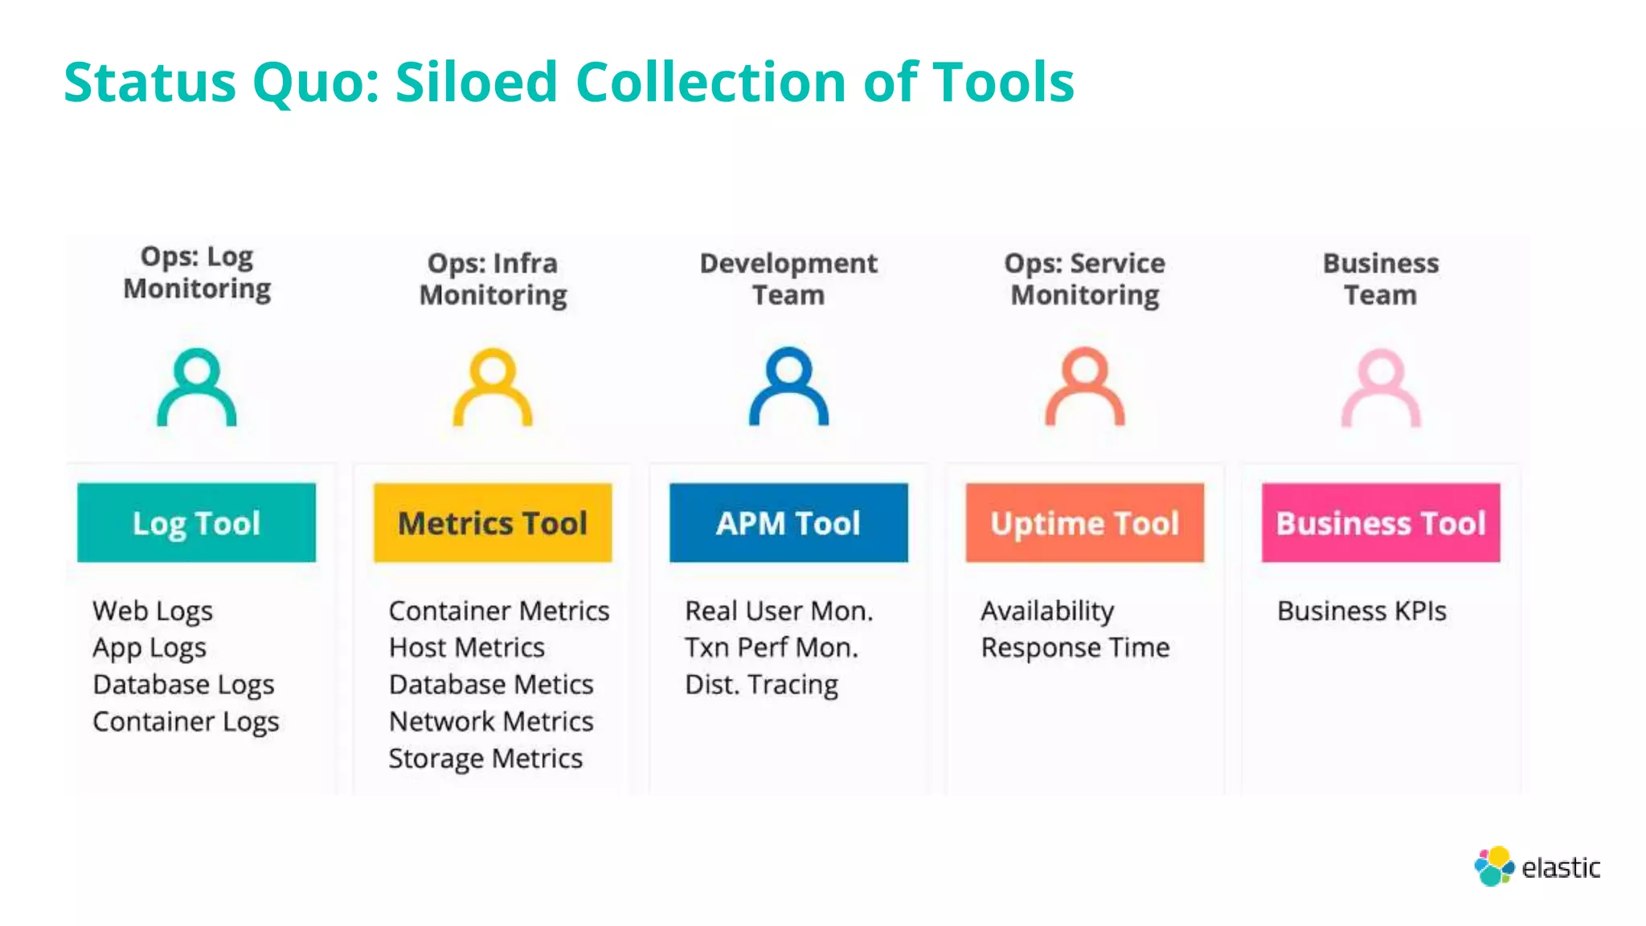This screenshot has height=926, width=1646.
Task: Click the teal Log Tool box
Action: pos(196,522)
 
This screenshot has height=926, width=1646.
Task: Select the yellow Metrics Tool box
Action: pos(493,522)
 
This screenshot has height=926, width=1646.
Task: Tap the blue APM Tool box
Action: pos(788,522)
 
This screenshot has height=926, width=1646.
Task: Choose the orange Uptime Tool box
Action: pos(1084,522)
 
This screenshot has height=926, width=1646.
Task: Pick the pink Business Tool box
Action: pos(1381,522)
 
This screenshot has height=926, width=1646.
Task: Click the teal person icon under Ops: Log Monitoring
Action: pos(196,387)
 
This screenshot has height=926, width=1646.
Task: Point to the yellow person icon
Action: pos(493,387)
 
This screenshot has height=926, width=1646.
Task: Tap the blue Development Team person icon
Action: pos(788,387)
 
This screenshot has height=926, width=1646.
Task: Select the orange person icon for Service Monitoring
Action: pos(1084,387)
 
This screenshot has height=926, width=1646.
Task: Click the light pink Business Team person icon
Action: pos(1381,387)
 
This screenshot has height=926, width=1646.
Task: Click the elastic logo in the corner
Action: pos(1537,867)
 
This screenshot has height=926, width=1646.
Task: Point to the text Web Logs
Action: pos(153,611)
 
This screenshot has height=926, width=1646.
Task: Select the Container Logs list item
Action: pos(186,722)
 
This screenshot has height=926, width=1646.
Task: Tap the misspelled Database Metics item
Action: pos(491,685)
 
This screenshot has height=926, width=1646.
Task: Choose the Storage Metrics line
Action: pos(485,759)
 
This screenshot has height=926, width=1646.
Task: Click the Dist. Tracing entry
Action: pos(761,685)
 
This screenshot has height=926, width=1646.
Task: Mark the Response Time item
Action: pos(1075,648)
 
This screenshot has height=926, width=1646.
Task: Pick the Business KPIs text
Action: pos(1361,611)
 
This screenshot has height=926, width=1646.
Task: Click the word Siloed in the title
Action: pos(477,82)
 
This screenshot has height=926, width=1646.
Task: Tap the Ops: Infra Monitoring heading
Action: pos(493,279)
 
